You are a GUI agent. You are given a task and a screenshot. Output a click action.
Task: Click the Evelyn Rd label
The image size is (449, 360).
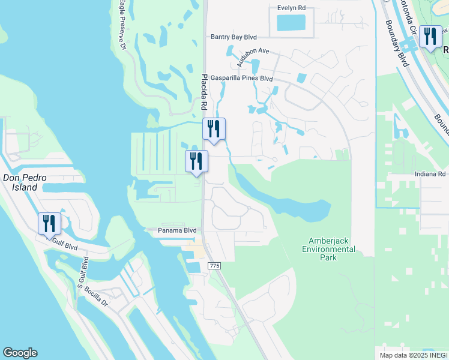click(291, 8)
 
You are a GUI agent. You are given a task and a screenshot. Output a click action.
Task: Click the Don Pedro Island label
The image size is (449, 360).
click(20, 182)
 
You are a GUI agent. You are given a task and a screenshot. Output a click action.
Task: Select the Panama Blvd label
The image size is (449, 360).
click(177, 230)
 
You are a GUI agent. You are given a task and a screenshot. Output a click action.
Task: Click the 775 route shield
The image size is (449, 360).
click(214, 265)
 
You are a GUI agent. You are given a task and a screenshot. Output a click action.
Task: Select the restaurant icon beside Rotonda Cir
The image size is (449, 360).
click(430, 37)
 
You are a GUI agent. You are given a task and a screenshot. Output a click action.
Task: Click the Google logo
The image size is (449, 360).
click(20, 353)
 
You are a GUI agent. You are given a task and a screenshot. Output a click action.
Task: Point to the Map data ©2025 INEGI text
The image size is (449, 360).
click(414, 355)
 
